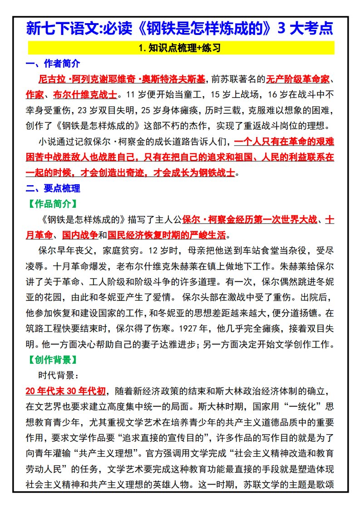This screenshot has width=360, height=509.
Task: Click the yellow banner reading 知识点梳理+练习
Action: (x=181, y=48)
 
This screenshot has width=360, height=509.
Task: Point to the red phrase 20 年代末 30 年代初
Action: (x=66, y=391)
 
